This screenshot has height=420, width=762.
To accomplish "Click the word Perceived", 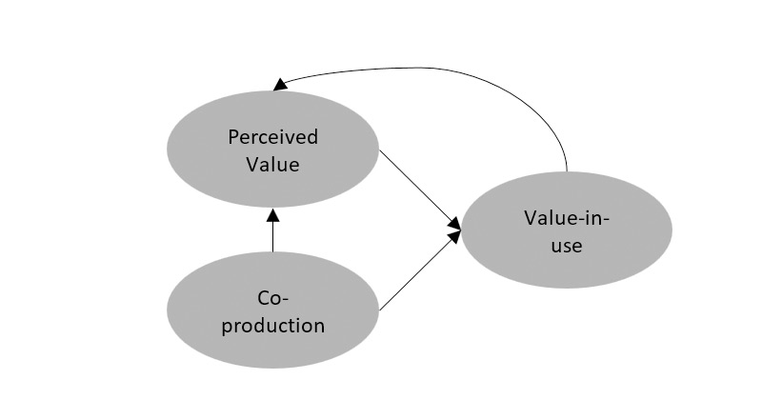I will click(272, 137).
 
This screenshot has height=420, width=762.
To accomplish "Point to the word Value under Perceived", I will click(272, 164).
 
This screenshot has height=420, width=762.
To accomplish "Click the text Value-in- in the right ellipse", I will click(566, 217).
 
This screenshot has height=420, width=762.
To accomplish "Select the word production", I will click(272, 326).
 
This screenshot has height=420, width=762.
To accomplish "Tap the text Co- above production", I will click(272, 298).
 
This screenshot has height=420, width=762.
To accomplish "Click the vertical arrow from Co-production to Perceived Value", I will click(272, 233).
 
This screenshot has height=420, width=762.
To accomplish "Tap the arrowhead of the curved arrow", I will click(279, 85).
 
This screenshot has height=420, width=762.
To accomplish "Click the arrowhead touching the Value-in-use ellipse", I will click(456, 226).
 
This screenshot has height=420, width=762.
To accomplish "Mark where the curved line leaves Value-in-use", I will click(568, 170).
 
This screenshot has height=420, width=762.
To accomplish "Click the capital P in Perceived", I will click(232, 137).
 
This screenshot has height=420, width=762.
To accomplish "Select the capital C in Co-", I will click(264, 298).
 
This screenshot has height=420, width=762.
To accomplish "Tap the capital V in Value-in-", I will click(530, 217).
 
